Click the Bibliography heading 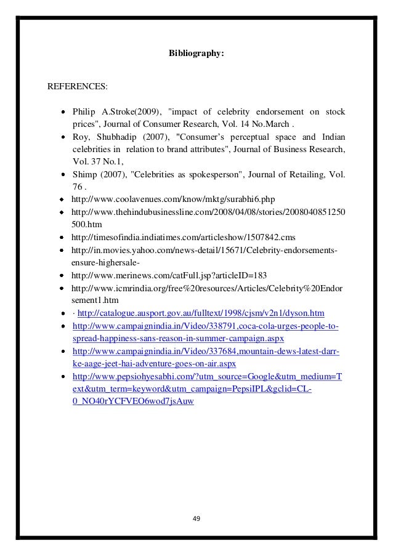tap(197, 54)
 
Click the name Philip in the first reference tap(84, 112)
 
